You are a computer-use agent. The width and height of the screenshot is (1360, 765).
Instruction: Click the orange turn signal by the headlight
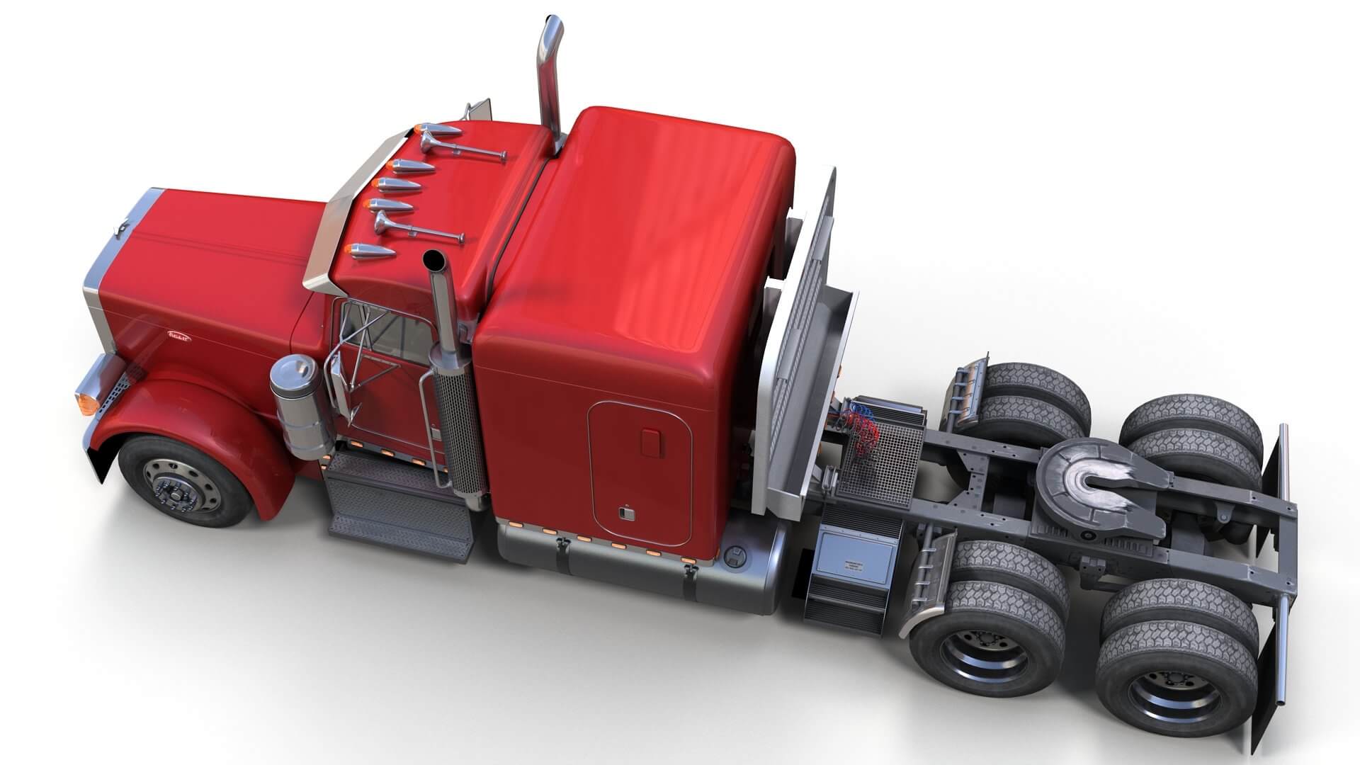[87, 402]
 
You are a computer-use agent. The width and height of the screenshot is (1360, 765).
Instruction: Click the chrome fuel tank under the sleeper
[637, 560]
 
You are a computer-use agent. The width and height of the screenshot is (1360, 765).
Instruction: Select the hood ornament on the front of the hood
[121, 228]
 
